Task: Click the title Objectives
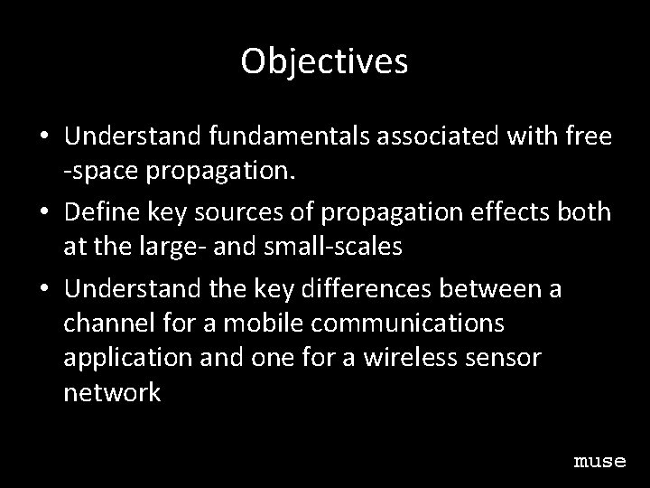click(x=325, y=61)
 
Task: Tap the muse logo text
click(x=599, y=461)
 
